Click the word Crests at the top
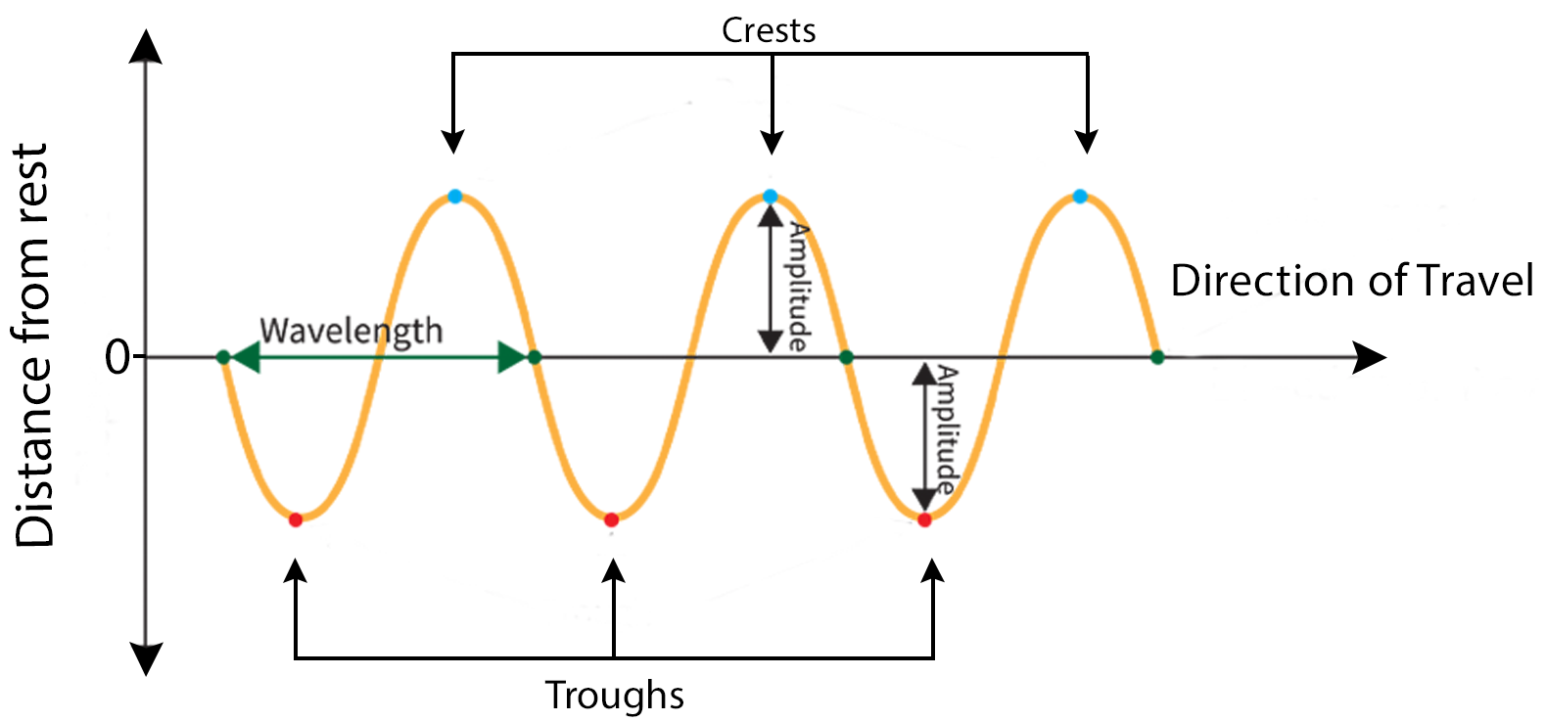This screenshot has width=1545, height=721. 769,30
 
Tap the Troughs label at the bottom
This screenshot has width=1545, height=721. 614,696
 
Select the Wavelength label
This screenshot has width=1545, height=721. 351,331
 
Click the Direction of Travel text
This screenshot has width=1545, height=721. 1351,281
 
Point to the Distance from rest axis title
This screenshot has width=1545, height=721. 33,344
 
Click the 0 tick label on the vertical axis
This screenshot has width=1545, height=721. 117,358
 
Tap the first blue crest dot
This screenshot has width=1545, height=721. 454,197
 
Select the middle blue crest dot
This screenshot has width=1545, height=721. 771,197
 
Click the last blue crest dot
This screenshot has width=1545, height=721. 1080,197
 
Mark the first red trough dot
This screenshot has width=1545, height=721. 296,519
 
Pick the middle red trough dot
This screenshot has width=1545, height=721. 611,519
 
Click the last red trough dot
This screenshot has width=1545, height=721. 924,519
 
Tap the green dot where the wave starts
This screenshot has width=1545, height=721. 223,357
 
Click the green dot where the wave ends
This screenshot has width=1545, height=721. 1157,357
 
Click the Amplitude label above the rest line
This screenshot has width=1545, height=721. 799,287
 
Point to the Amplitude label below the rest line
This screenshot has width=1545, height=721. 947,428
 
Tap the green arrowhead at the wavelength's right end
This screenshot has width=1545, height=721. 511,357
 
